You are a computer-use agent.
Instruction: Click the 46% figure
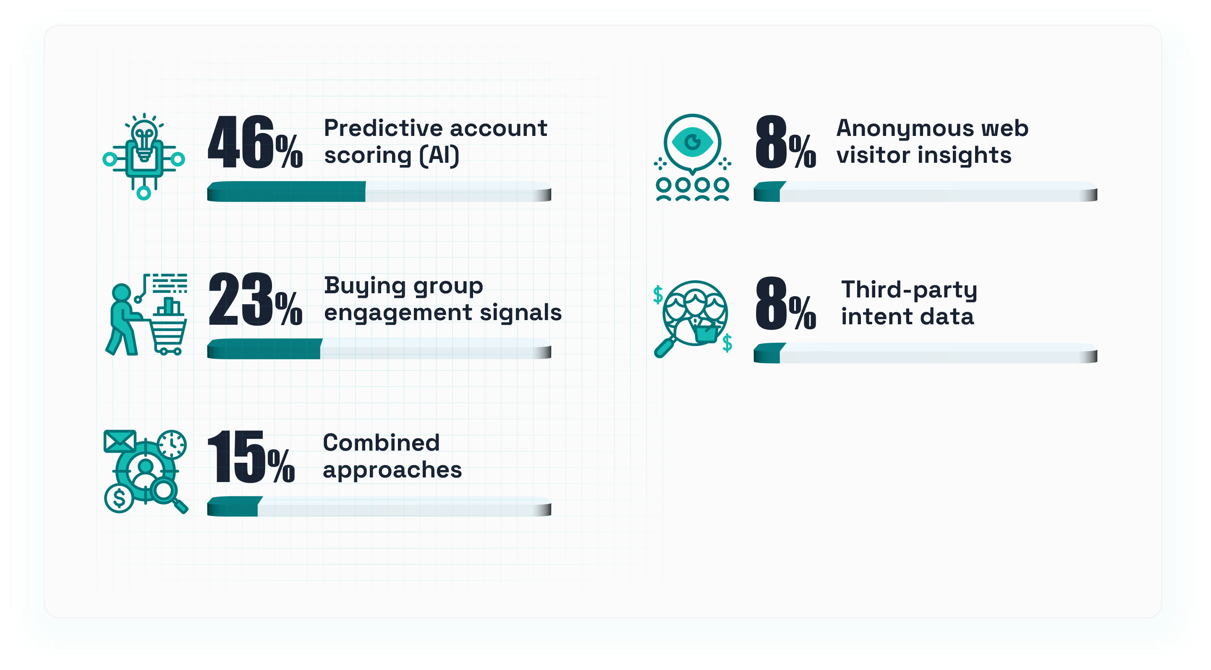(255, 142)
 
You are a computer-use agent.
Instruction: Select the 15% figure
(251, 457)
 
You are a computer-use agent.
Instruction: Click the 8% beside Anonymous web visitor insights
(785, 142)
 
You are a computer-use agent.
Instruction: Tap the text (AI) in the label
(439, 156)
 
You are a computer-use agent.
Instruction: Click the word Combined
(381, 443)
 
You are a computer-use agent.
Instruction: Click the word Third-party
(909, 290)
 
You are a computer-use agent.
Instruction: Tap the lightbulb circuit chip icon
(144, 156)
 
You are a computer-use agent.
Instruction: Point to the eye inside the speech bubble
(692, 141)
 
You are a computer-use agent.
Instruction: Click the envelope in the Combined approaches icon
(120, 441)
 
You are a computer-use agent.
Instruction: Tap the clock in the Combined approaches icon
(172, 443)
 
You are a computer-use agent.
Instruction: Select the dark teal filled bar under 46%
(286, 192)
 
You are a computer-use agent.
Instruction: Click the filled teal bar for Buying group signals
(265, 349)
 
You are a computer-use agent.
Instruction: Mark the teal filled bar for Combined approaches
(235, 506)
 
